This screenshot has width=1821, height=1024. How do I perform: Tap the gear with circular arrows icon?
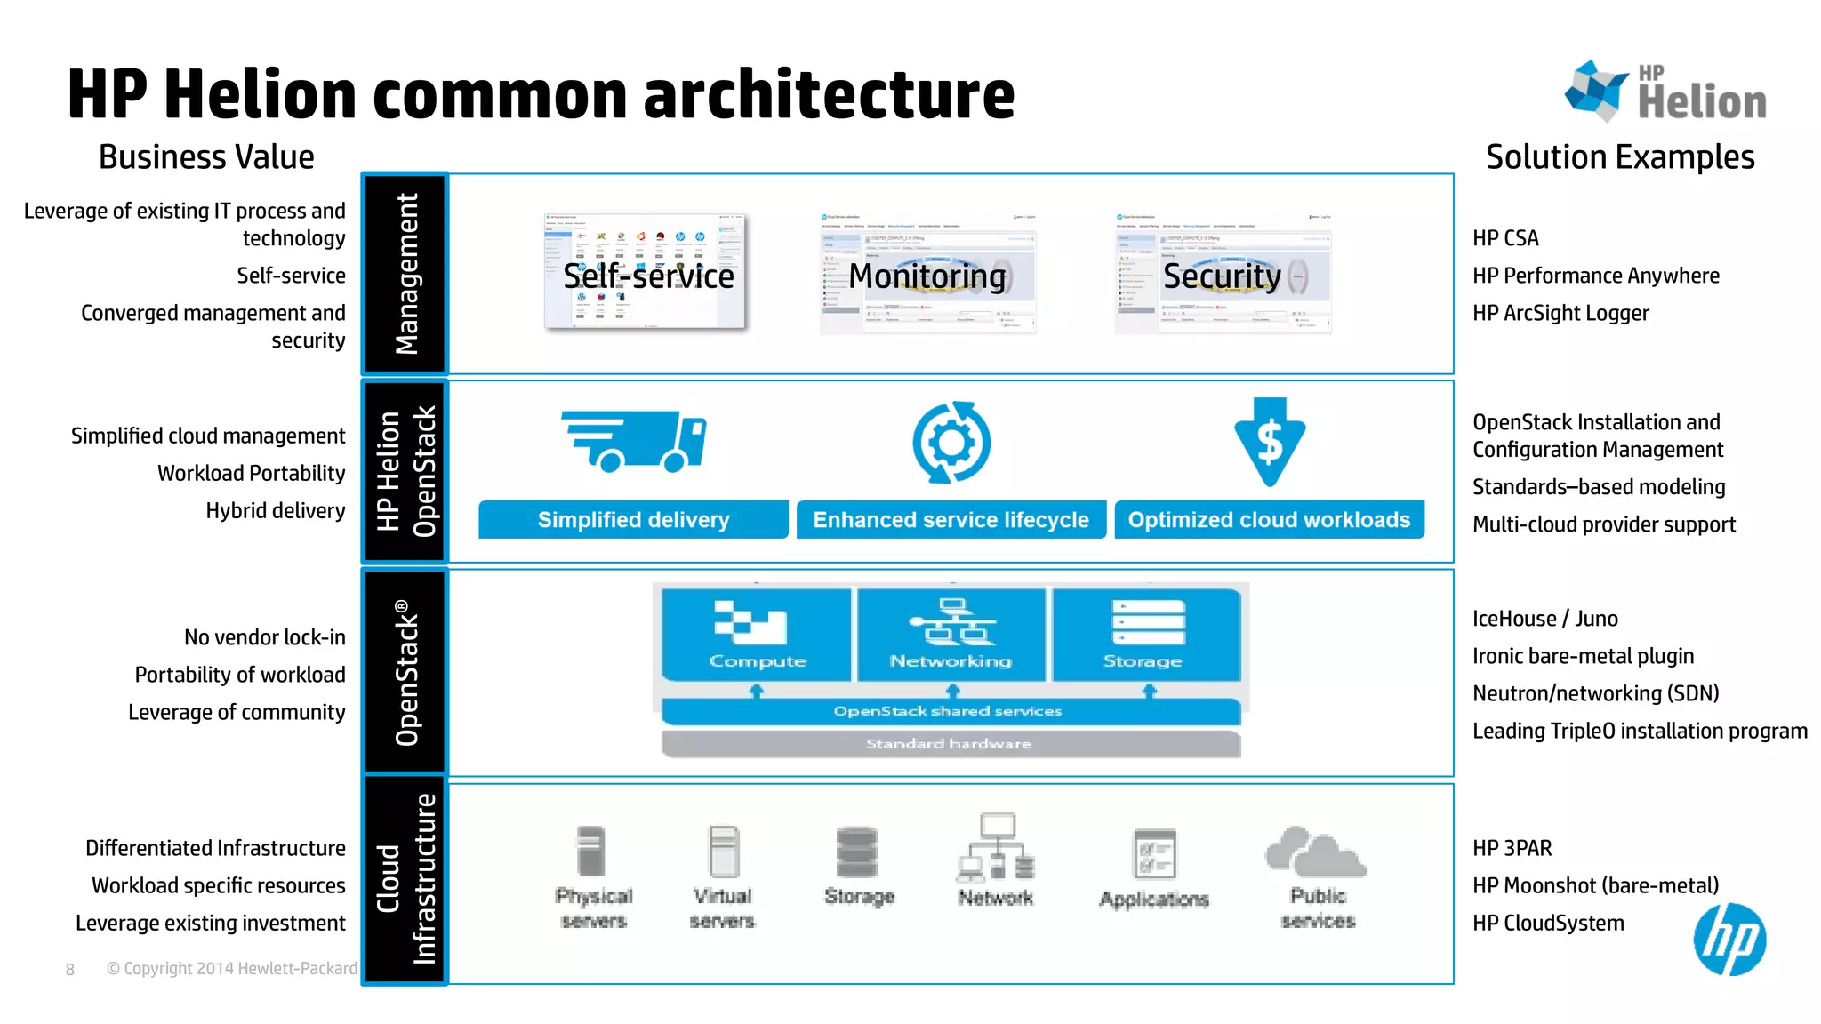point(951,443)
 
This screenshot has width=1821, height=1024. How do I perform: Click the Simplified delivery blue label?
point(633,520)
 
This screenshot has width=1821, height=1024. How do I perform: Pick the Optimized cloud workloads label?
point(1269,520)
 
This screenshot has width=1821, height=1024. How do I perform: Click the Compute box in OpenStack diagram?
point(757,635)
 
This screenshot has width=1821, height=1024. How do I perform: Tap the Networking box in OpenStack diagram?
point(951,635)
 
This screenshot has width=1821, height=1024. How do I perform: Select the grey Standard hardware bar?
point(950,744)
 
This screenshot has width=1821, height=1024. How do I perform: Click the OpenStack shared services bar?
point(950,711)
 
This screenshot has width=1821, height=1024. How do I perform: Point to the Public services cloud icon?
point(1316,852)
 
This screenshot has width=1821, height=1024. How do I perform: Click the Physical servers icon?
point(590,852)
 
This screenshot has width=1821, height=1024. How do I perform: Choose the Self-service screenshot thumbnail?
point(645,272)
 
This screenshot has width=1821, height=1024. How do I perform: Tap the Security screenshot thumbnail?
point(1223,275)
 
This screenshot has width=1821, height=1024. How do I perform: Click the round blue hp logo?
point(1729,940)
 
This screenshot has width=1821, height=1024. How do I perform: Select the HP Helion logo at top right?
point(1665,92)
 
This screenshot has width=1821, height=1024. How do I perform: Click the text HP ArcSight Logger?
point(1560,313)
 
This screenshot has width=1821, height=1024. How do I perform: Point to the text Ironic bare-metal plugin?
point(1583,656)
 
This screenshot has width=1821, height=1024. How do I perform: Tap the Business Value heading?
point(206,157)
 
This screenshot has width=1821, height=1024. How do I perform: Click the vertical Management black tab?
point(405,274)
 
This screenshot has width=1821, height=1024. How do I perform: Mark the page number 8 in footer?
point(70,970)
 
